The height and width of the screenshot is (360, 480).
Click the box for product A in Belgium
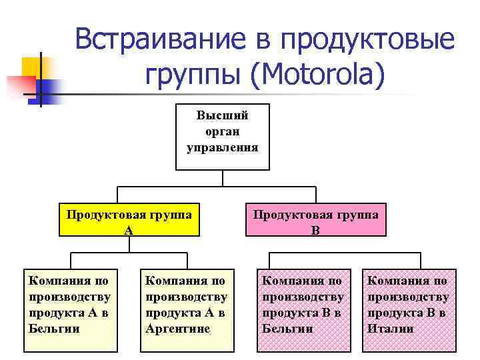tap(70, 309)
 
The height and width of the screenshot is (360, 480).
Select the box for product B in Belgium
tap(304, 309)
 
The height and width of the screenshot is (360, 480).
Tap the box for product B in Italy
tap(409, 309)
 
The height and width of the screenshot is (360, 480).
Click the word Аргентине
tap(177, 329)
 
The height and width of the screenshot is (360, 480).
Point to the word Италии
tap(390, 329)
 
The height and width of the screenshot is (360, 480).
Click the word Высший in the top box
tap(222, 115)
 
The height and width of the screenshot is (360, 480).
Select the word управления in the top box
tap(222, 146)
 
